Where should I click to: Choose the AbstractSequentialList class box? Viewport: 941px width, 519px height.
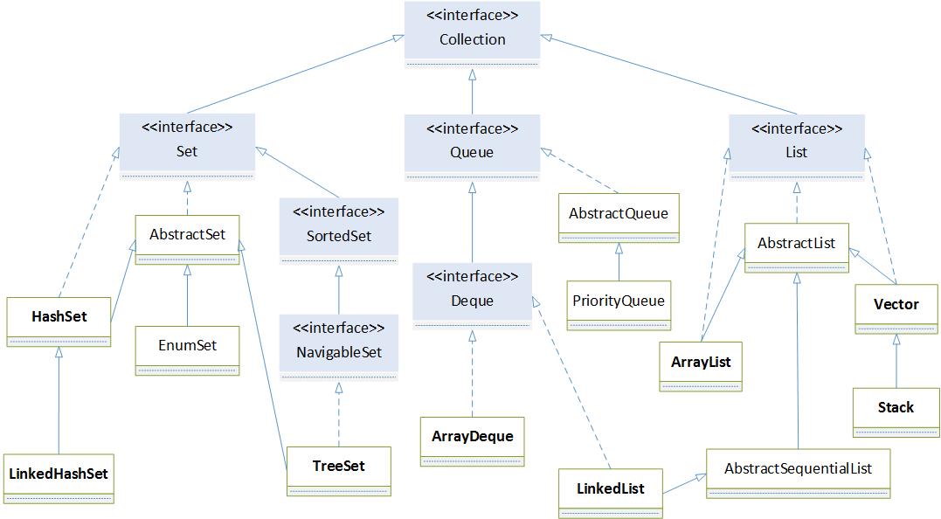(x=798, y=473)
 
